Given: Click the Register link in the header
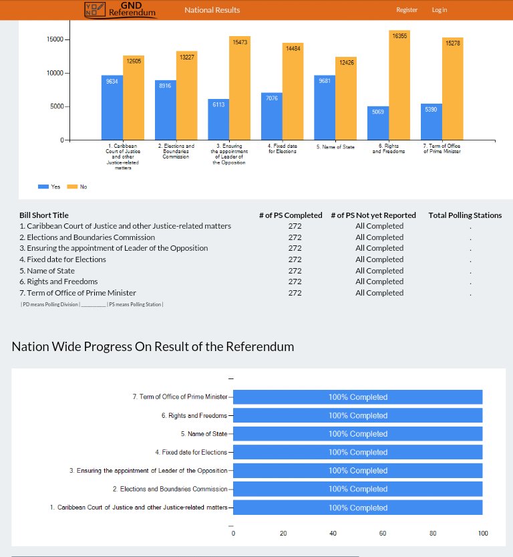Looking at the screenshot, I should coord(406,10).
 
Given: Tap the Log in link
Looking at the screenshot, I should coord(440,10).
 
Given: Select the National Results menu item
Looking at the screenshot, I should coord(212,10).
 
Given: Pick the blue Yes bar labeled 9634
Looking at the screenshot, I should coord(112,108).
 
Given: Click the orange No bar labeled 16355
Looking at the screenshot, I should coord(399,85).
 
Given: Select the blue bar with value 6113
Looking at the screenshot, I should coord(218,120).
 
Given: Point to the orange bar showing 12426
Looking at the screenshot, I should coord(346,98).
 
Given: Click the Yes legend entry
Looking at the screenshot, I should coord(50,187).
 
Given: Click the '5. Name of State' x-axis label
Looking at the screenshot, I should coord(335,146).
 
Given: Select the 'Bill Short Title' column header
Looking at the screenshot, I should coord(43,215).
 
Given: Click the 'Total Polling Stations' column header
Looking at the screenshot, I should coord(465,215).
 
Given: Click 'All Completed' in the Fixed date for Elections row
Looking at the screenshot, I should coord(379,259).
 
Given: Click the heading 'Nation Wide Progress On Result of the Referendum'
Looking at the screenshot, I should coord(153,347).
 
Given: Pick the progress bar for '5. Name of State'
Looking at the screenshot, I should coord(357,434).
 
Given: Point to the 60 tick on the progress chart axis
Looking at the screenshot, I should coord(383,534).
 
